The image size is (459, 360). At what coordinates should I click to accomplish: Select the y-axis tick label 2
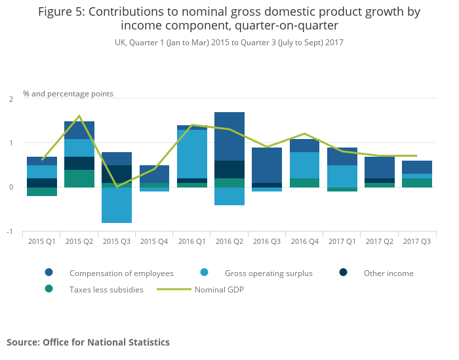10,99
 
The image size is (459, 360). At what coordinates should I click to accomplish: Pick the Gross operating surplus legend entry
268,273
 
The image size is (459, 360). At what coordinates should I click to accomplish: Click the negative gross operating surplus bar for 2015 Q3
117,205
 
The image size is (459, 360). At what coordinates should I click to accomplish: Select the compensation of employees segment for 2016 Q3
267,165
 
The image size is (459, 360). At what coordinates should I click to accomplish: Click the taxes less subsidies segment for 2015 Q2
79,178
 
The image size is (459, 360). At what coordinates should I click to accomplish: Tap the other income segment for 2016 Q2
229,169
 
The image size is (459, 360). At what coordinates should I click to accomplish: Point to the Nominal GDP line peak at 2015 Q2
79,116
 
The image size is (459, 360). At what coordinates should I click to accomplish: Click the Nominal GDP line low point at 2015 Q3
117,187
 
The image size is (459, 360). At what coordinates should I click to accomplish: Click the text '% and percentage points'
68,94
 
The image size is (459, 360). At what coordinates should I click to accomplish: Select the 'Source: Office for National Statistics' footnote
88,342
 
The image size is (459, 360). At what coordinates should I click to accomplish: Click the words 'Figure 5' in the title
64,12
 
